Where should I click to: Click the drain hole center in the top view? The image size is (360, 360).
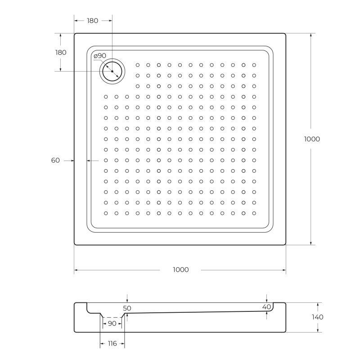[112, 72]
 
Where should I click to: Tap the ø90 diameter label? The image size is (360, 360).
[100, 55]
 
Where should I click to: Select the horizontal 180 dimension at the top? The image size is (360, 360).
[92, 20]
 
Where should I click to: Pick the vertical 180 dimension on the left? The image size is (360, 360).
[61, 52]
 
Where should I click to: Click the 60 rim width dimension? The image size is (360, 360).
[56, 160]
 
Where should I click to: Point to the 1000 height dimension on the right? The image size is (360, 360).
[312, 139]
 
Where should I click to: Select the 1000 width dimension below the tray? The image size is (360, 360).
[180, 270]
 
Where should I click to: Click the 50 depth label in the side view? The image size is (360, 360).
[127, 308]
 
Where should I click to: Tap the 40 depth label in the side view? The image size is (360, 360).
[266, 306]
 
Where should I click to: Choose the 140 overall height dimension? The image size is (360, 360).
[317, 317]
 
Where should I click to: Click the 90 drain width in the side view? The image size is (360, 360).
[112, 324]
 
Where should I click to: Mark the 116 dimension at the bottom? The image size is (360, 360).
[112, 343]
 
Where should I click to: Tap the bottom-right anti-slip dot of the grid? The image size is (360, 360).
[254, 213]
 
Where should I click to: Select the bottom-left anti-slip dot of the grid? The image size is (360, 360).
[106, 213]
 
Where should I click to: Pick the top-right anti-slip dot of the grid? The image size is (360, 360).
[254, 64]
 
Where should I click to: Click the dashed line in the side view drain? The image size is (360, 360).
[113, 317]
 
